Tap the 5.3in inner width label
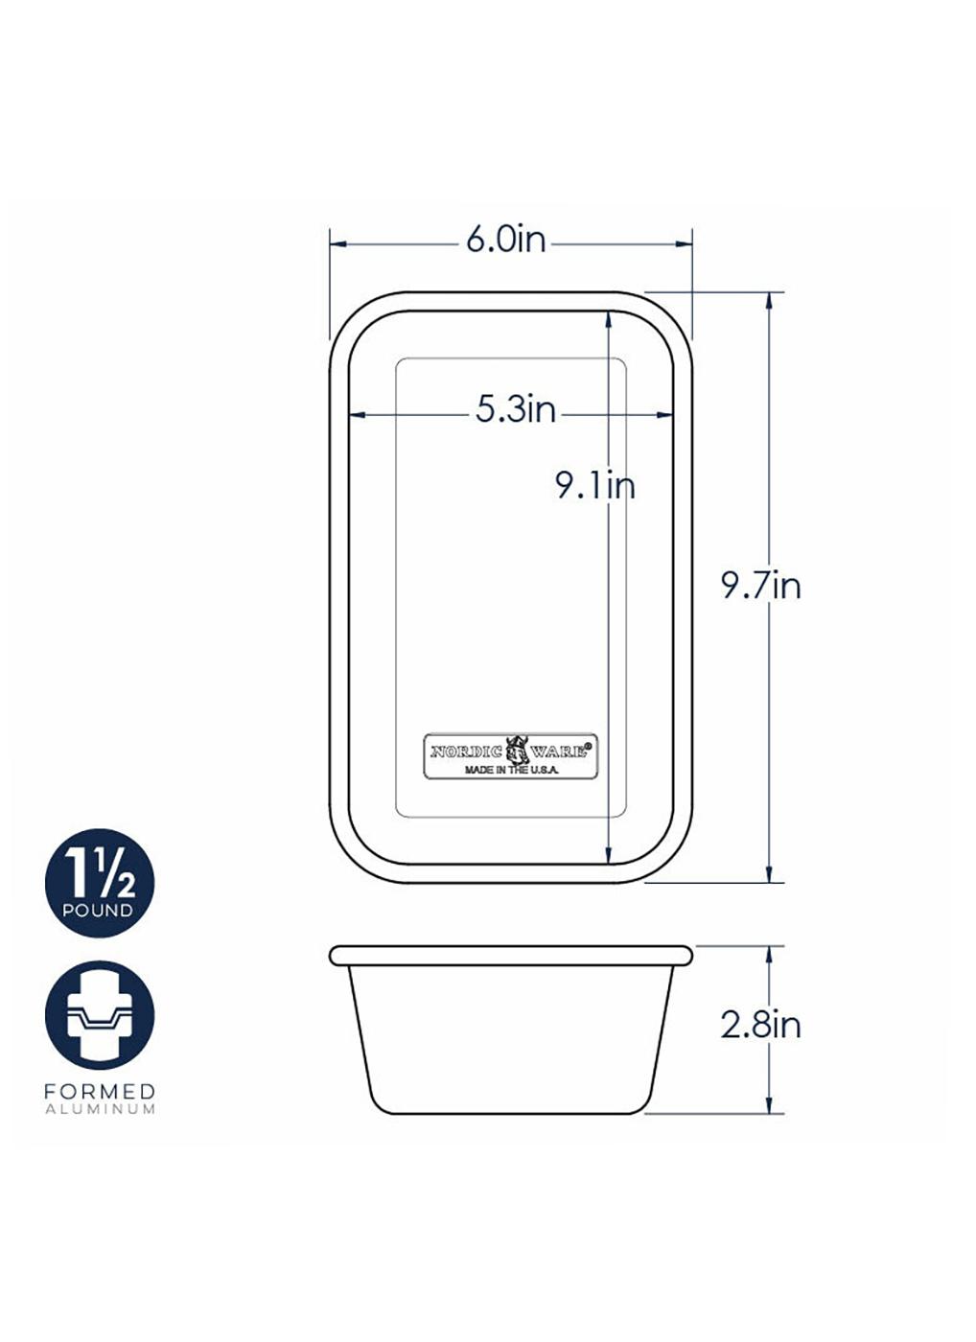tap(516, 410)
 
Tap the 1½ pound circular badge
tap(100, 883)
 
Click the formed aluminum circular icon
tap(100, 1015)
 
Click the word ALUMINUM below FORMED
tap(100, 1109)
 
